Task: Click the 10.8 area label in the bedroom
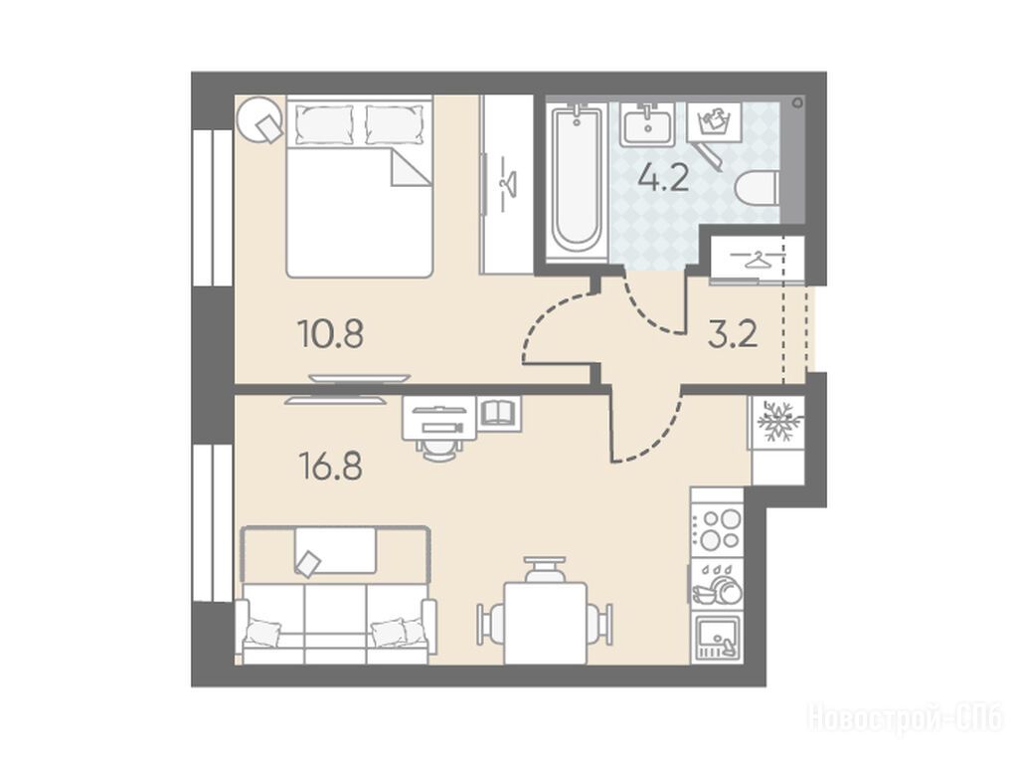tap(330, 334)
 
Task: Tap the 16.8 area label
tap(330, 466)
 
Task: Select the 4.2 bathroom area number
tap(663, 177)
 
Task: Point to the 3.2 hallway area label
tap(733, 334)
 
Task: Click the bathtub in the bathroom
tap(576, 182)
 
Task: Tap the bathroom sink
tap(646, 124)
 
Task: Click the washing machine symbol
tap(714, 121)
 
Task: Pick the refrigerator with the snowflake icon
tap(776, 423)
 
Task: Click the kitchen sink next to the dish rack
tap(717, 637)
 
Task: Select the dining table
tap(546, 623)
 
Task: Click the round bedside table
tap(259, 119)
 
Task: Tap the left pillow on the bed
tap(325, 123)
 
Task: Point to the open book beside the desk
tap(499, 412)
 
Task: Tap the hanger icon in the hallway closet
tap(755, 260)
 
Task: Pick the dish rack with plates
tap(717, 583)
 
